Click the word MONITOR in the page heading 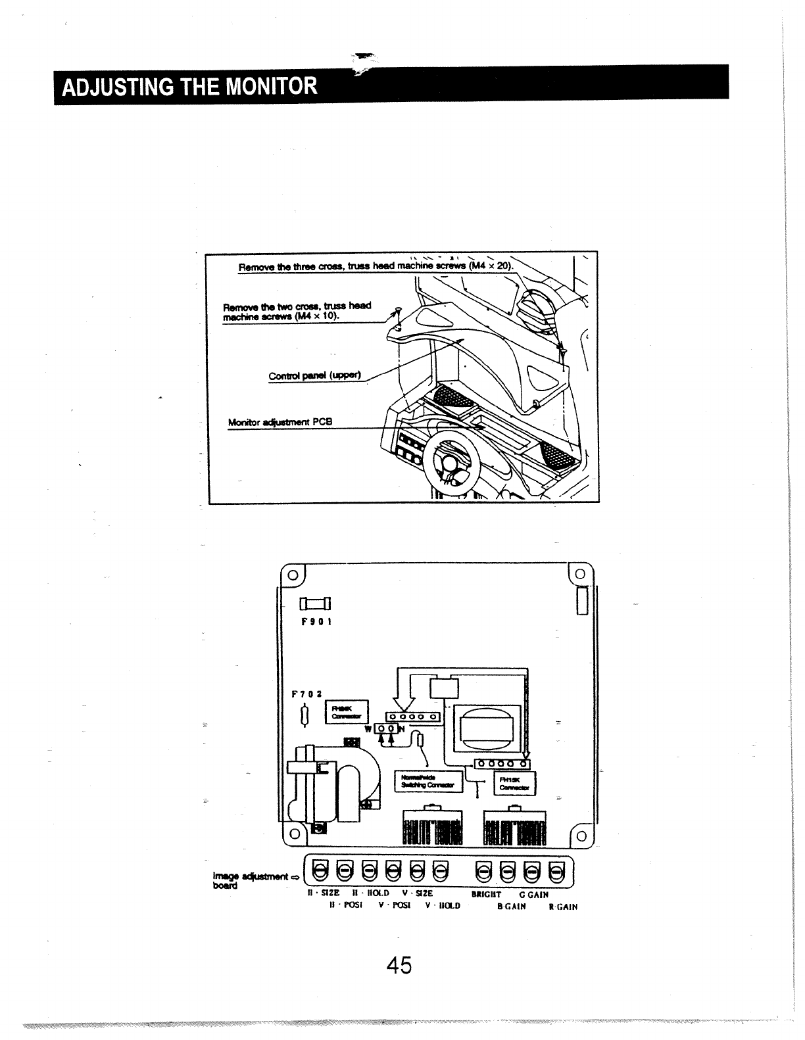coord(270,86)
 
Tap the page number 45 coord(399,965)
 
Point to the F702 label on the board coord(306,693)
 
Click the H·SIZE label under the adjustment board coord(324,894)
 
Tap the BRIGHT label coord(487,895)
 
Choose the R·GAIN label coord(563,907)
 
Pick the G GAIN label coord(534,895)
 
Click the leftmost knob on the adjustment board coord(321,872)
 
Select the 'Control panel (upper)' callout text coord(315,376)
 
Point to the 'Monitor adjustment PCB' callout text coord(280,422)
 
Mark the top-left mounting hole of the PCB coord(291,573)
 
